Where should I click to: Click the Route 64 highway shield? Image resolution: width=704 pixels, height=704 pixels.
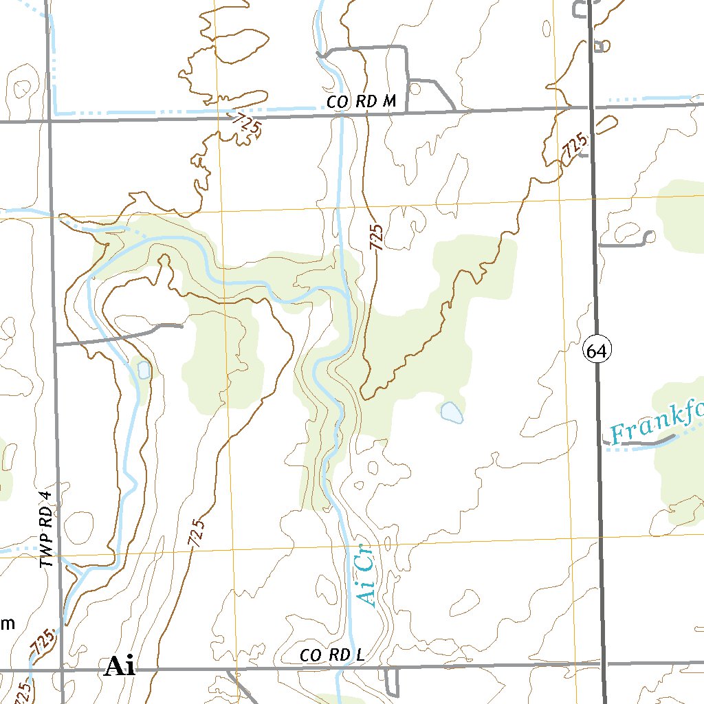(597, 351)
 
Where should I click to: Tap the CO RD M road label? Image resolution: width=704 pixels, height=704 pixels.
(362, 102)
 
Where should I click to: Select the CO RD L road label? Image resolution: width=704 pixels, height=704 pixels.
(331, 656)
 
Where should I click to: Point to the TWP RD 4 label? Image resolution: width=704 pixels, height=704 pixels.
(46, 529)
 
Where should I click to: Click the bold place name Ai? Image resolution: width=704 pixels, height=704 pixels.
(120, 667)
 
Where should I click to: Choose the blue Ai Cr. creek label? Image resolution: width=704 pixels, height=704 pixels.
(367, 576)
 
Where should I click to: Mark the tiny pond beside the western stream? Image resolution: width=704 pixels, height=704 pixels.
(144, 370)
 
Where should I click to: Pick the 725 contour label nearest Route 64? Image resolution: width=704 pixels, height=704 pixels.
(574, 147)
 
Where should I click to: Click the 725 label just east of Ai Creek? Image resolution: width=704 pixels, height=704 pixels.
(375, 236)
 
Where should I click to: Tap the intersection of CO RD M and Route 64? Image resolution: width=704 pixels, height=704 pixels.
(591, 107)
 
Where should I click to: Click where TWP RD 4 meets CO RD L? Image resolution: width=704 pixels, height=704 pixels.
(62, 670)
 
